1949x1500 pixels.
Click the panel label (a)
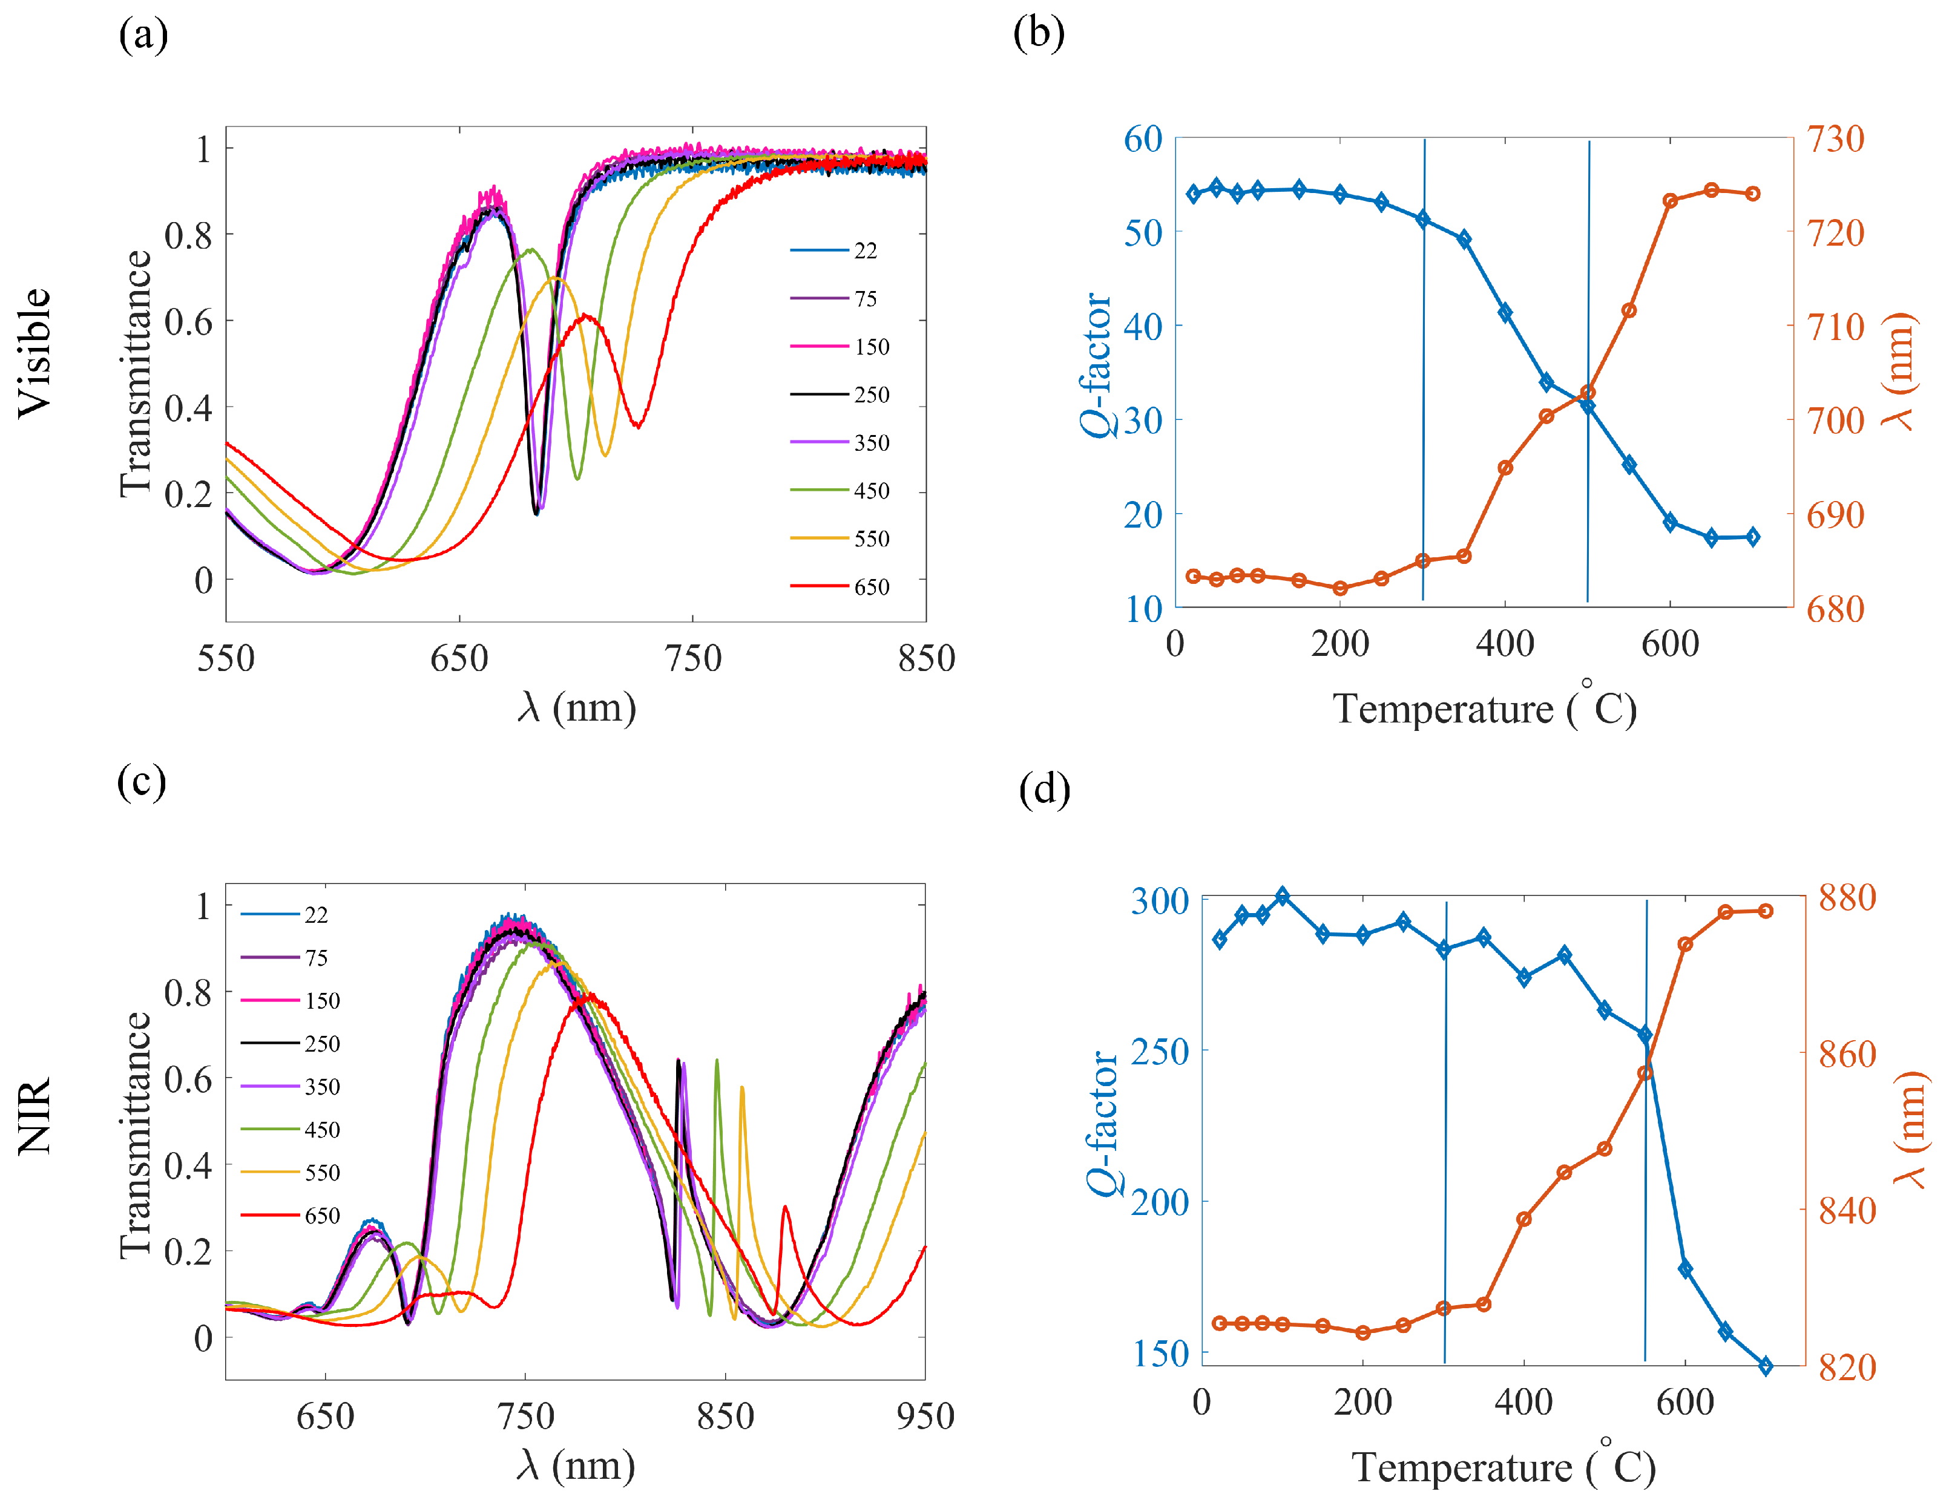pyautogui.click(x=143, y=36)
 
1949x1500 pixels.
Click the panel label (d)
pyautogui.click(x=1044, y=789)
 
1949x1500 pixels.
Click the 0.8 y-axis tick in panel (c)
pyautogui.click(x=188, y=992)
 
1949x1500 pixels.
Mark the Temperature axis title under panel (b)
pyautogui.click(x=1484, y=709)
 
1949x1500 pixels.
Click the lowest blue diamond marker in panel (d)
pyautogui.click(x=1765, y=1365)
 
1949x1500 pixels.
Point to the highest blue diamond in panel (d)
pyautogui.click(x=1283, y=896)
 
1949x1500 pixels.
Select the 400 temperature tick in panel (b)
pyautogui.click(x=1505, y=644)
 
